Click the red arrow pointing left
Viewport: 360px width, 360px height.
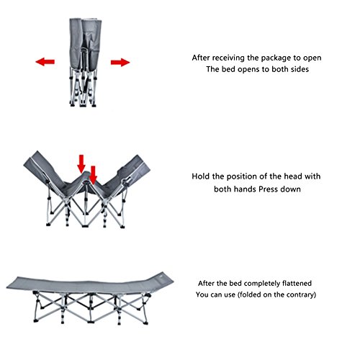click(45, 62)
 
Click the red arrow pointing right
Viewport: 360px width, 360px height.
click(120, 62)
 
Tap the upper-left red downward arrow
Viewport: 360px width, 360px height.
click(81, 163)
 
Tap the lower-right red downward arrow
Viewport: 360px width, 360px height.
click(93, 175)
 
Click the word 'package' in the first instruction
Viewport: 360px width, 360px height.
click(277, 58)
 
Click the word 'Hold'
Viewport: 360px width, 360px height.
click(201, 176)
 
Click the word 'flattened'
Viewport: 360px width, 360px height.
click(297, 284)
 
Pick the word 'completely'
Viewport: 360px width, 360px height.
click(262, 284)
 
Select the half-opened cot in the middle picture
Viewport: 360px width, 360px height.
click(86, 189)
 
